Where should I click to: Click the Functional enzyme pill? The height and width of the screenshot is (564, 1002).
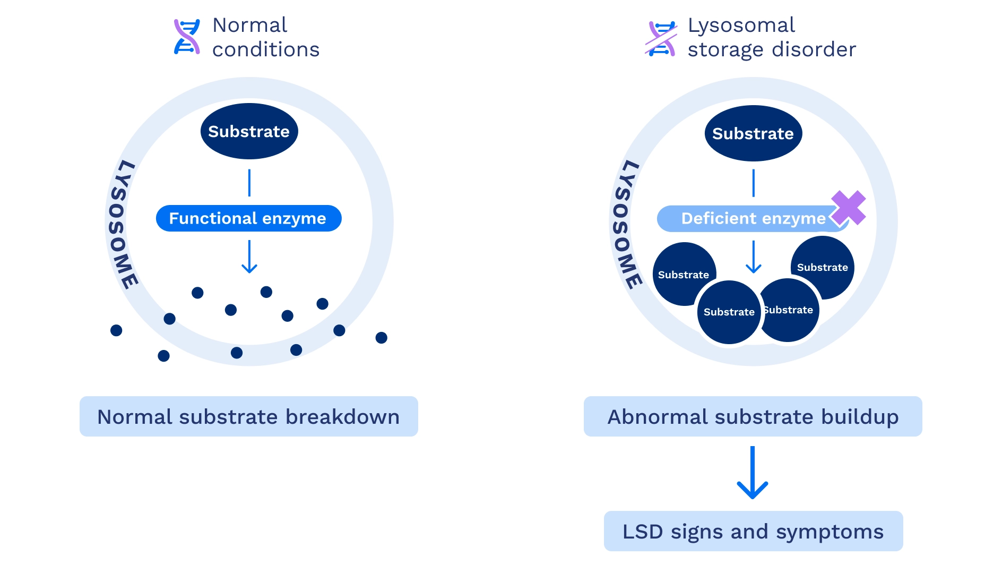[x=248, y=218]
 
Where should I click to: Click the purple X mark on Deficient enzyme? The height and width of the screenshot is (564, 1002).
[x=848, y=208]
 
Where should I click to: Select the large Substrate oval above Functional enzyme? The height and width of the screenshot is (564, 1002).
[x=249, y=131]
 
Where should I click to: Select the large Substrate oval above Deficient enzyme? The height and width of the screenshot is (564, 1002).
[x=753, y=133]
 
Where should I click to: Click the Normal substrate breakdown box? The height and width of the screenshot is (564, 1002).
[x=248, y=416]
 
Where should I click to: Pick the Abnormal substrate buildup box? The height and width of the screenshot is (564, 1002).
[x=753, y=416]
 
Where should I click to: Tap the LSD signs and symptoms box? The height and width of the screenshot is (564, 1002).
[x=753, y=531]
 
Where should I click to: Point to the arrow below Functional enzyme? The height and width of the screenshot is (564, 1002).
[x=249, y=257]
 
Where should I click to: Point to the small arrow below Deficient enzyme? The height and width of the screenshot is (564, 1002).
[x=753, y=257]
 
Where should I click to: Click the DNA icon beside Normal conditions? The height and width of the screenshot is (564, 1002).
[x=187, y=37]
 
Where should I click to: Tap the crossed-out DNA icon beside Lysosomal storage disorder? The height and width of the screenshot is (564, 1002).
[x=661, y=38]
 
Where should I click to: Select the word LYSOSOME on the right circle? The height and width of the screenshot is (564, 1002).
[x=626, y=225]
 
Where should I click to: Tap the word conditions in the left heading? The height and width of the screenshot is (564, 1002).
[x=266, y=49]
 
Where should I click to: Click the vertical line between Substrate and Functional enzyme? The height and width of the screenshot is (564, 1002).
[x=249, y=183]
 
